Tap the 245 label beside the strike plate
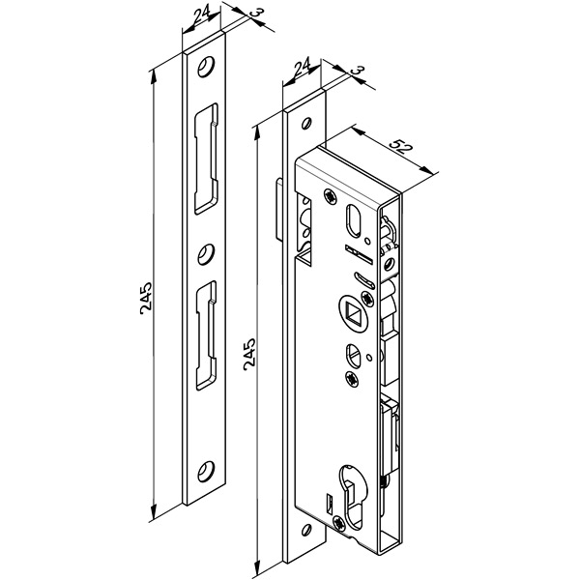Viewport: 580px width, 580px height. coord(146,299)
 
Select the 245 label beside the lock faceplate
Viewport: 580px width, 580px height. coord(249,354)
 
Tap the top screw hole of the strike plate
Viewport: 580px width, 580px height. coord(206,67)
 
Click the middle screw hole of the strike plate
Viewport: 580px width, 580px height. coord(206,254)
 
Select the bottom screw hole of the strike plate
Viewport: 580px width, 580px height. coord(206,472)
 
